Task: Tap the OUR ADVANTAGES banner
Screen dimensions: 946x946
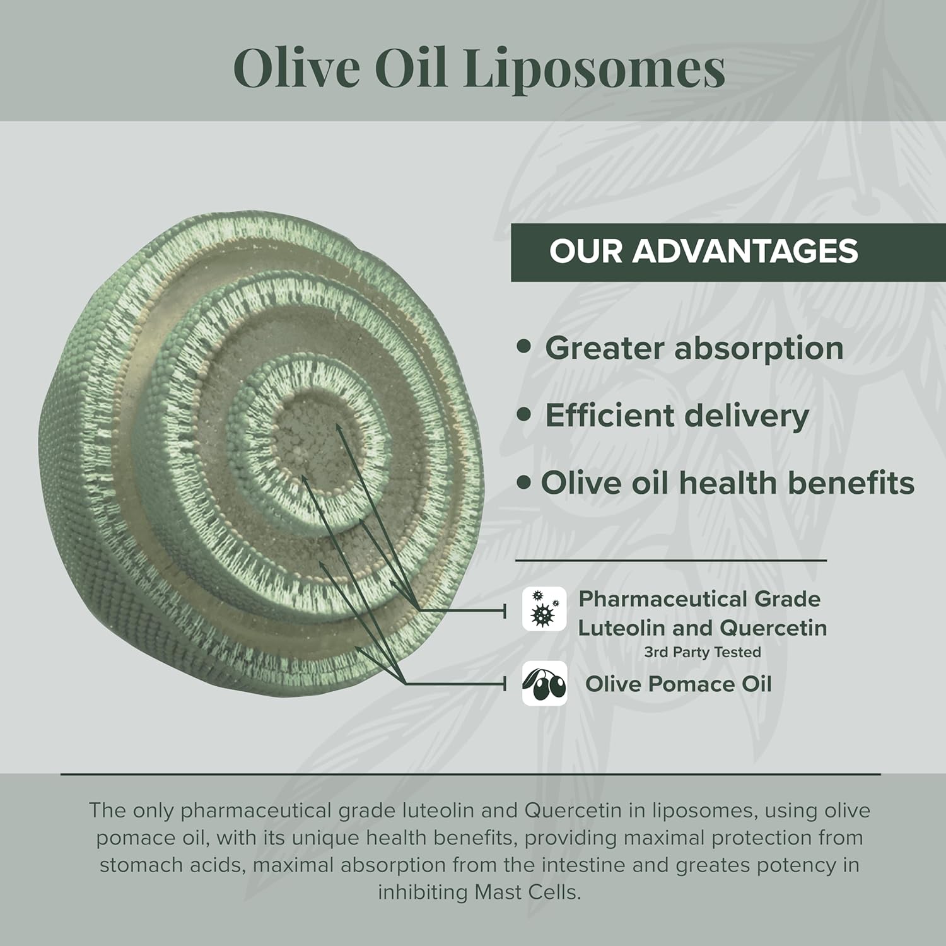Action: pos(703,251)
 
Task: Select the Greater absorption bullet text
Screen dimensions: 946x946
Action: pos(694,348)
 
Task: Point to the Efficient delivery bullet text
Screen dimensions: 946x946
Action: pos(676,416)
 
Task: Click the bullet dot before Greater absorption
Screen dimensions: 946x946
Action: pos(523,347)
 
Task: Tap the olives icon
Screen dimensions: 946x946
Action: pos(544,684)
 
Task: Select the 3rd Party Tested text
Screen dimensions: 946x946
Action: pos(702,652)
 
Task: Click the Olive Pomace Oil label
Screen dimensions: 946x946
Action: pos(678,684)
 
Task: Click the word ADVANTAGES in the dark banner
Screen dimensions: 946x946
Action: pos(745,251)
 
